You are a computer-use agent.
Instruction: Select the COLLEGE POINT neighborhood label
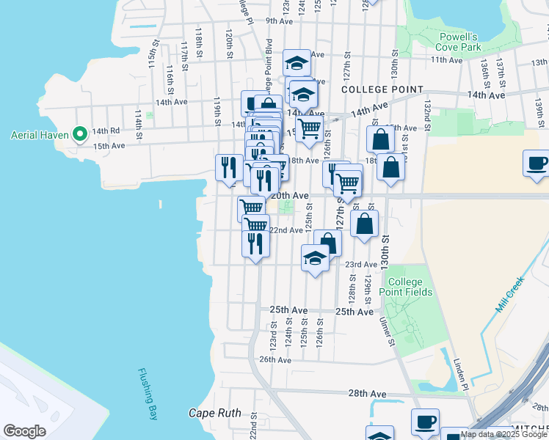[382, 89]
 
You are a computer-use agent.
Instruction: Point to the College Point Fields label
[405, 287]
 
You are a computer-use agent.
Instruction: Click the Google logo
[24, 431]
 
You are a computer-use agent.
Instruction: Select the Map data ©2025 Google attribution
[503, 435]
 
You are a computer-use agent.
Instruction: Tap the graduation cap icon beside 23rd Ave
[315, 259]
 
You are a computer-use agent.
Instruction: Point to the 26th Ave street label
[274, 359]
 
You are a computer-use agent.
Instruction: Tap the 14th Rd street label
[105, 131]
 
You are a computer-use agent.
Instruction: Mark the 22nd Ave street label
[286, 230]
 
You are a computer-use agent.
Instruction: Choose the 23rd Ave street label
[360, 264]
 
